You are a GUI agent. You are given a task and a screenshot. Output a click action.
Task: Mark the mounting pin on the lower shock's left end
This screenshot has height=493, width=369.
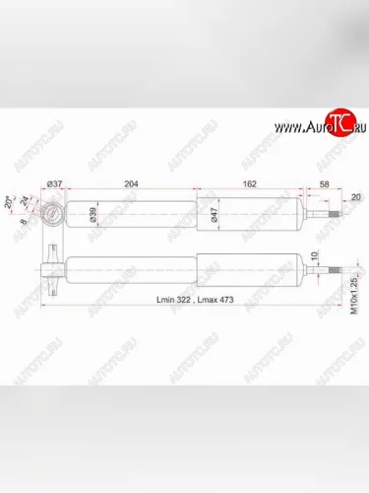[48, 263]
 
